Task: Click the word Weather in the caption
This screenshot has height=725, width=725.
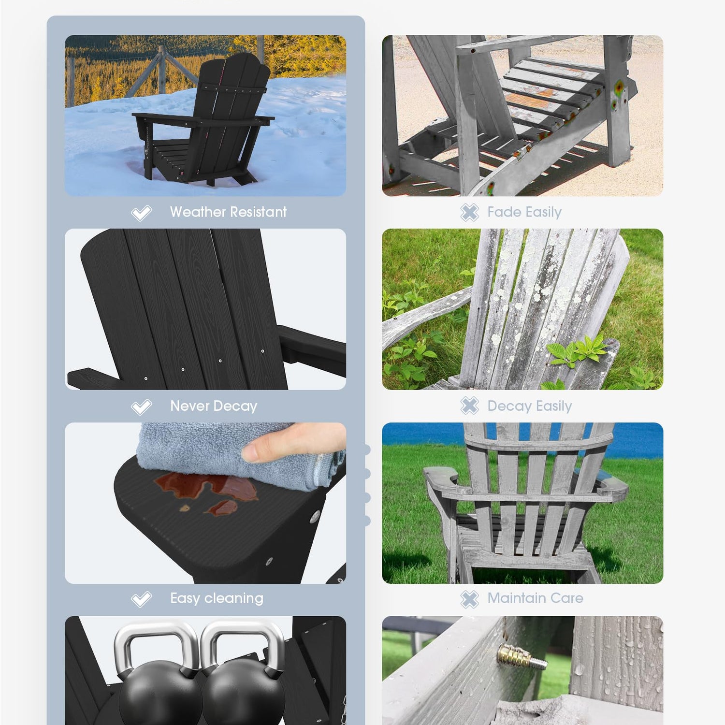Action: click(x=198, y=212)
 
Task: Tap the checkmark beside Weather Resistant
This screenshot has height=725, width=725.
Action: click(x=141, y=213)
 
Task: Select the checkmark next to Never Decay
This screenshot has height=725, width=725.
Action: click(x=141, y=407)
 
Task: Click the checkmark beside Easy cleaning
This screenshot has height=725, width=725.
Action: click(x=141, y=599)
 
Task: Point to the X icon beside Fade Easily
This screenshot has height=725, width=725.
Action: click(x=469, y=212)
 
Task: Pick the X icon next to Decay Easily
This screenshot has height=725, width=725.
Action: click(x=469, y=406)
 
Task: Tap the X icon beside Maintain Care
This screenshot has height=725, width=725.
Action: click(x=469, y=599)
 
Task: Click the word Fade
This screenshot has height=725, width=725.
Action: click(x=504, y=212)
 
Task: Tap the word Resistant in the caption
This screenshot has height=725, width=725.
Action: click(x=258, y=212)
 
